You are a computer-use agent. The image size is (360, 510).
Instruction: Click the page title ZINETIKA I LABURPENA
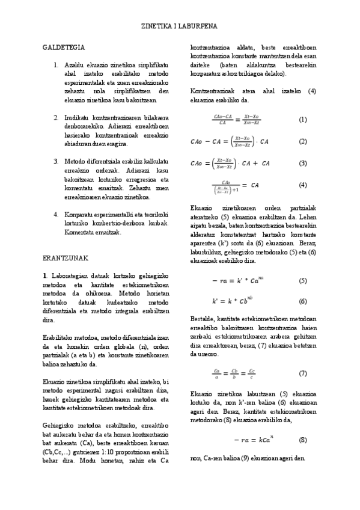tap(179, 28)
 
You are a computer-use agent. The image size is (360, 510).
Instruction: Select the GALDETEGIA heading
tap(64, 47)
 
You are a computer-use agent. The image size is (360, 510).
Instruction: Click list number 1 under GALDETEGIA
tap(55, 64)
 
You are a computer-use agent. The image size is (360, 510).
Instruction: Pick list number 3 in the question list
tap(55, 161)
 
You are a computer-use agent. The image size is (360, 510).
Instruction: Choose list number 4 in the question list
tap(55, 214)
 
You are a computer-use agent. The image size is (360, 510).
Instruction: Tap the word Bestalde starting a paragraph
tap(203, 319)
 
